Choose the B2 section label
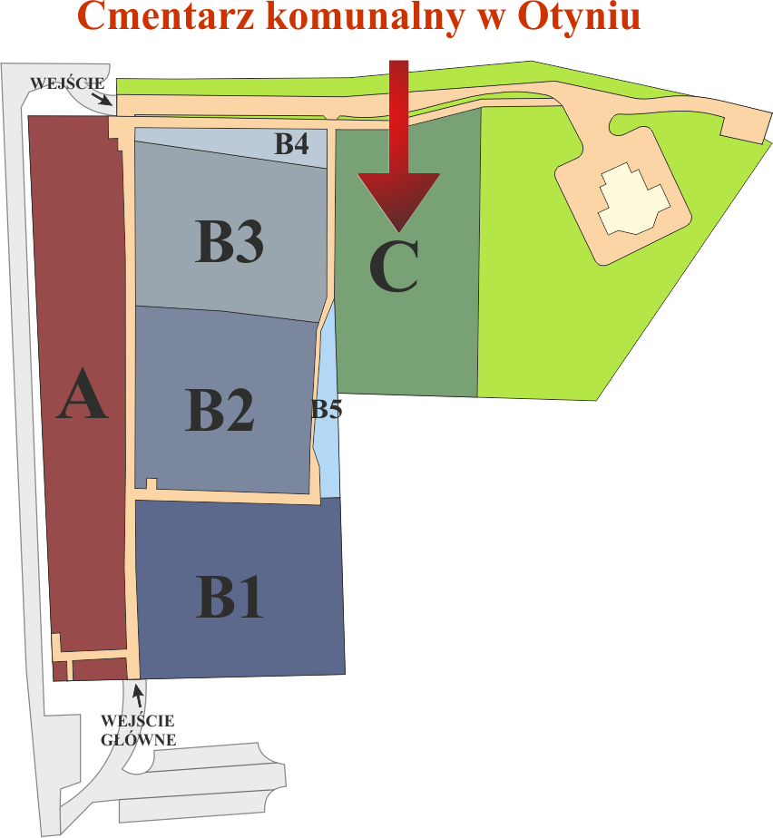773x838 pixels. (x=220, y=410)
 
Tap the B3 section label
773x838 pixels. (x=230, y=241)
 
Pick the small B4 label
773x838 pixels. (x=292, y=143)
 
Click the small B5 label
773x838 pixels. (x=327, y=410)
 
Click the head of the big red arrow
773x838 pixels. (x=398, y=200)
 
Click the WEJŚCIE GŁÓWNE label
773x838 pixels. (x=139, y=730)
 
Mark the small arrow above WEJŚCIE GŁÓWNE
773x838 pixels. (x=138, y=696)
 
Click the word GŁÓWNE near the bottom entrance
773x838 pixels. (x=139, y=740)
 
